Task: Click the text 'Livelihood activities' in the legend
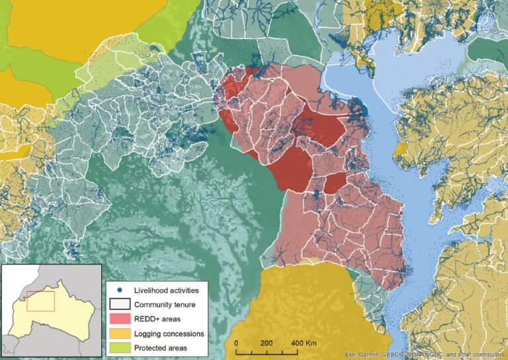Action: point(166,290)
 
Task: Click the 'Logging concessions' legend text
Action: point(169,334)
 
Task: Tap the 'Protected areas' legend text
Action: point(161,347)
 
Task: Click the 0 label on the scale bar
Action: point(236,343)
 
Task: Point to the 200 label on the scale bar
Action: point(267,343)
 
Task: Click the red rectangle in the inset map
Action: point(40,300)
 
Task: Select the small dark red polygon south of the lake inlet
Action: point(334,182)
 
